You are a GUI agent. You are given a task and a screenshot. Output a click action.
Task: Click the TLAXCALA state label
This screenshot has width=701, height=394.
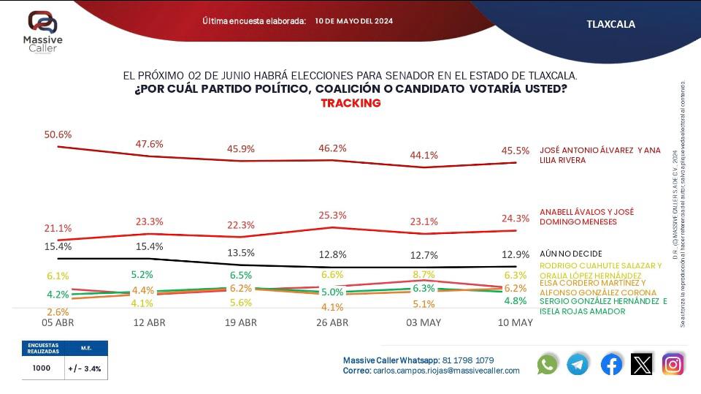(610, 24)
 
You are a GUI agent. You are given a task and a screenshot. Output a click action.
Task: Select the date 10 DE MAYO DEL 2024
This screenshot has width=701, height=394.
(354, 21)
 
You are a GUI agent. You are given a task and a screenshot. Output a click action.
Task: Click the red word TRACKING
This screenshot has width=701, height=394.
(350, 103)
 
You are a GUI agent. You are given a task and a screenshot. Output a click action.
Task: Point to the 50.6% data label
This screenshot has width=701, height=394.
(58, 135)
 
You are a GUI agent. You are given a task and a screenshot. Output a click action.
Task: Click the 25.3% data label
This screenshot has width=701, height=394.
(333, 215)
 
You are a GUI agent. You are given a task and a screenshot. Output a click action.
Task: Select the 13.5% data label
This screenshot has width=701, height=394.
(241, 253)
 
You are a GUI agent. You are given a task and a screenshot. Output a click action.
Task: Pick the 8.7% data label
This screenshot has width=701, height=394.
(424, 274)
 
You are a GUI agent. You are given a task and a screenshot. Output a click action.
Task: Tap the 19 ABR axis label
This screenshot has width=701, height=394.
(241, 322)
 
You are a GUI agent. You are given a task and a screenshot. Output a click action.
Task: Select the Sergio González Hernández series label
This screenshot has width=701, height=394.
(603, 306)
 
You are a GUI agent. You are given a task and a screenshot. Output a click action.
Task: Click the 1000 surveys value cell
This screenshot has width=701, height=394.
(42, 368)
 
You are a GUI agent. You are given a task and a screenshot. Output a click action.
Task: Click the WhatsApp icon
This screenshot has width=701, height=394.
(547, 364)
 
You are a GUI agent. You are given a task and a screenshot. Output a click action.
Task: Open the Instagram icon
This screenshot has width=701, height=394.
(673, 364)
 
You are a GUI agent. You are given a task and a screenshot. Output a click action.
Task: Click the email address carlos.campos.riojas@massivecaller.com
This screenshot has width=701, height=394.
(447, 371)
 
